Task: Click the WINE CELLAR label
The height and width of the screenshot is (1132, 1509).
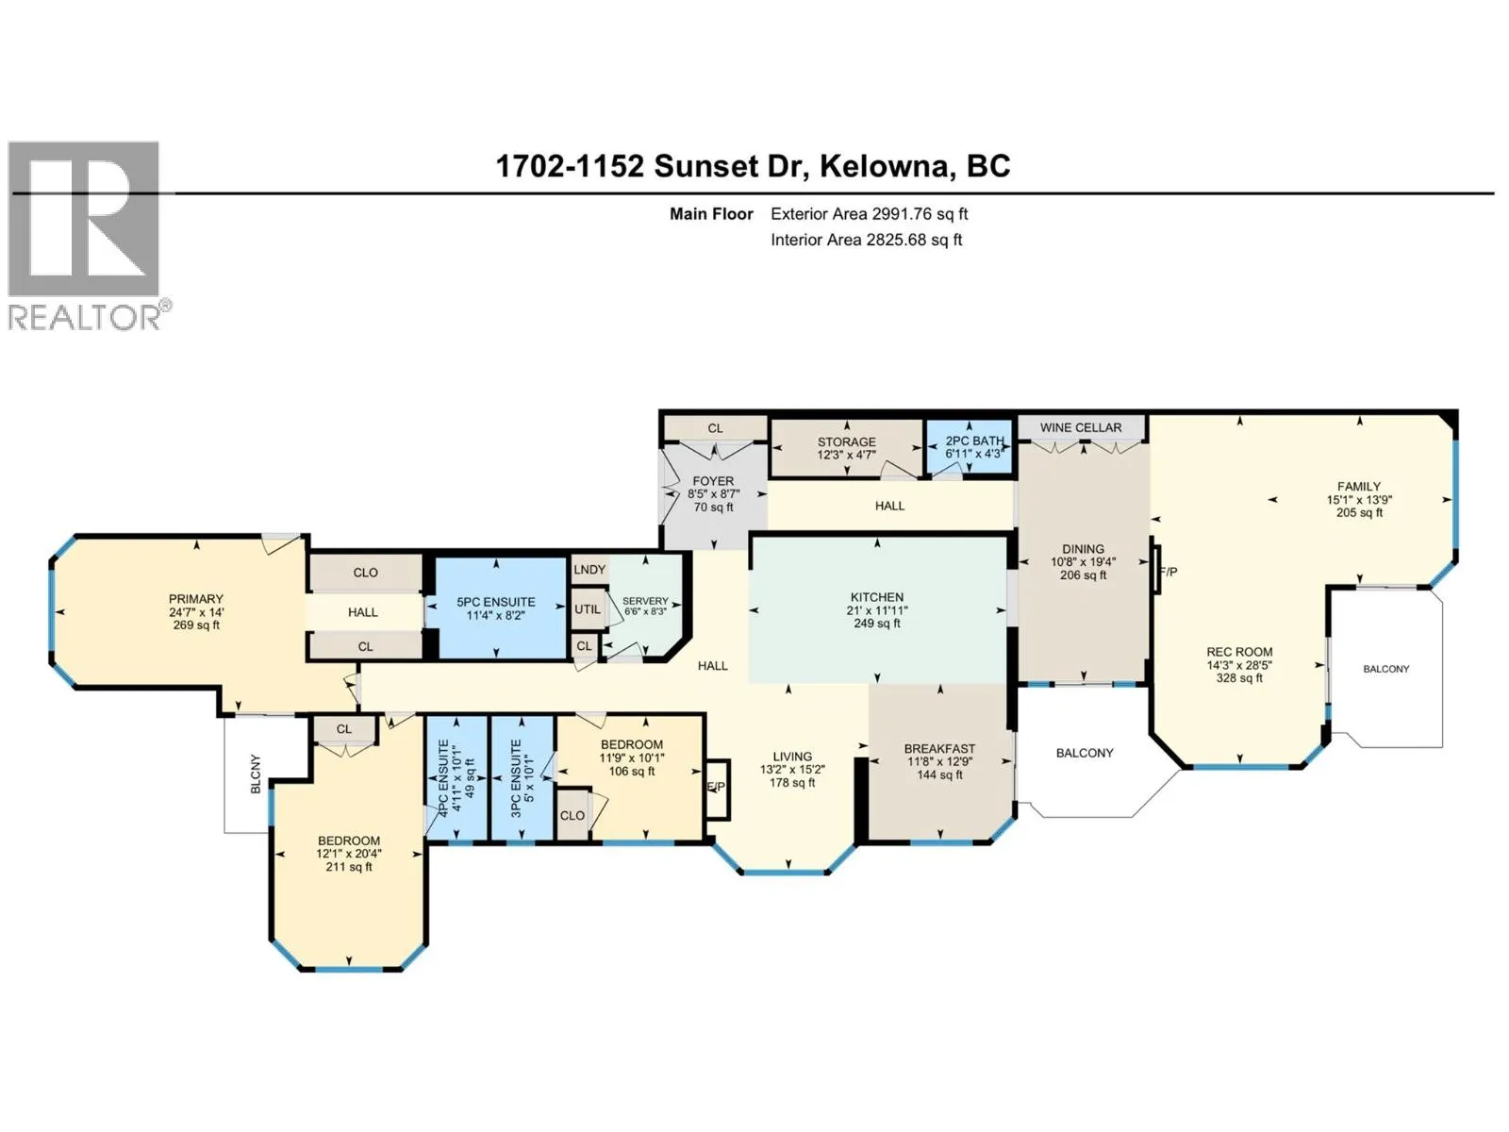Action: click(x=1080, y=427)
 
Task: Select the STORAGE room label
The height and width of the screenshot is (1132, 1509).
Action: click(x=846, y=441)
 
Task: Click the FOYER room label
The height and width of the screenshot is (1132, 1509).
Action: click(x=713, y=481)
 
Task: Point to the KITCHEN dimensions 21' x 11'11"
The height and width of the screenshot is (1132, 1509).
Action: click(x=877, y=610)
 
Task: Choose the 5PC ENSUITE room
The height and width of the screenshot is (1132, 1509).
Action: click(x=496, y=608)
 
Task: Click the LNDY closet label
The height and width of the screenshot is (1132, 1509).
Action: click(x=589, y=570)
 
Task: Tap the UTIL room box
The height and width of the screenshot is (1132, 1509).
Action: click(x=587, y=609)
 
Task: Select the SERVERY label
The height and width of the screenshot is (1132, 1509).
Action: click(x=645, y=601)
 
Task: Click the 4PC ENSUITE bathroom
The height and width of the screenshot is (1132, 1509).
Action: click(x=456, y=777)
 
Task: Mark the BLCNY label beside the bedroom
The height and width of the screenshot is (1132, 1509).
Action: click(x=256, y=774)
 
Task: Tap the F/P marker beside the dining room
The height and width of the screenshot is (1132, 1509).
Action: click(x=1168, y=572)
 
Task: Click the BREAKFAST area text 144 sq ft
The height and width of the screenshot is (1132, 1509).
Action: click(x=939, y=774)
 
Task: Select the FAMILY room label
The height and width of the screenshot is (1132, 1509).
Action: click(x=1358, y=487)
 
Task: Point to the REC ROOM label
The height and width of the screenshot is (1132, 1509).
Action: click(x=1239, y=652)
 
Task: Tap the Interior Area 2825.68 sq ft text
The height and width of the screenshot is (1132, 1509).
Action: click(x=866, y=240)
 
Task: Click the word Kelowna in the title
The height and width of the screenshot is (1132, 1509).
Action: click(x=884, y=166)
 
